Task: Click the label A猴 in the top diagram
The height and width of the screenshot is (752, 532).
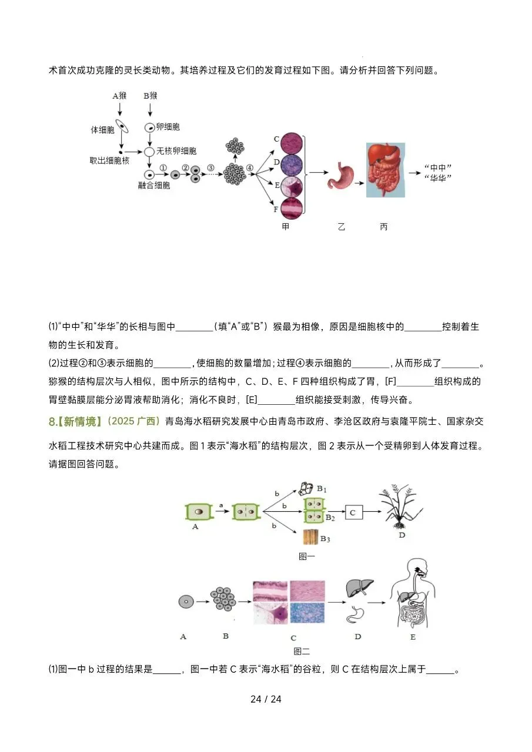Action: (119, 95)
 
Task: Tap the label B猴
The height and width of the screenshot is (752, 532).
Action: (150, 95)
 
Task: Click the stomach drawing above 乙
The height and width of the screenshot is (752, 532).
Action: (340, 174)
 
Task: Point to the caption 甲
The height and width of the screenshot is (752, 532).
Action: (286, 227)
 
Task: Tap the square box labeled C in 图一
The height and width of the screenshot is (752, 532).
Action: (353, 513)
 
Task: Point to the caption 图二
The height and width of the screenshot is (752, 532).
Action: (302, 651)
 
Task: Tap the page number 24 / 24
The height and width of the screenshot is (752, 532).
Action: (266, 699)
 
